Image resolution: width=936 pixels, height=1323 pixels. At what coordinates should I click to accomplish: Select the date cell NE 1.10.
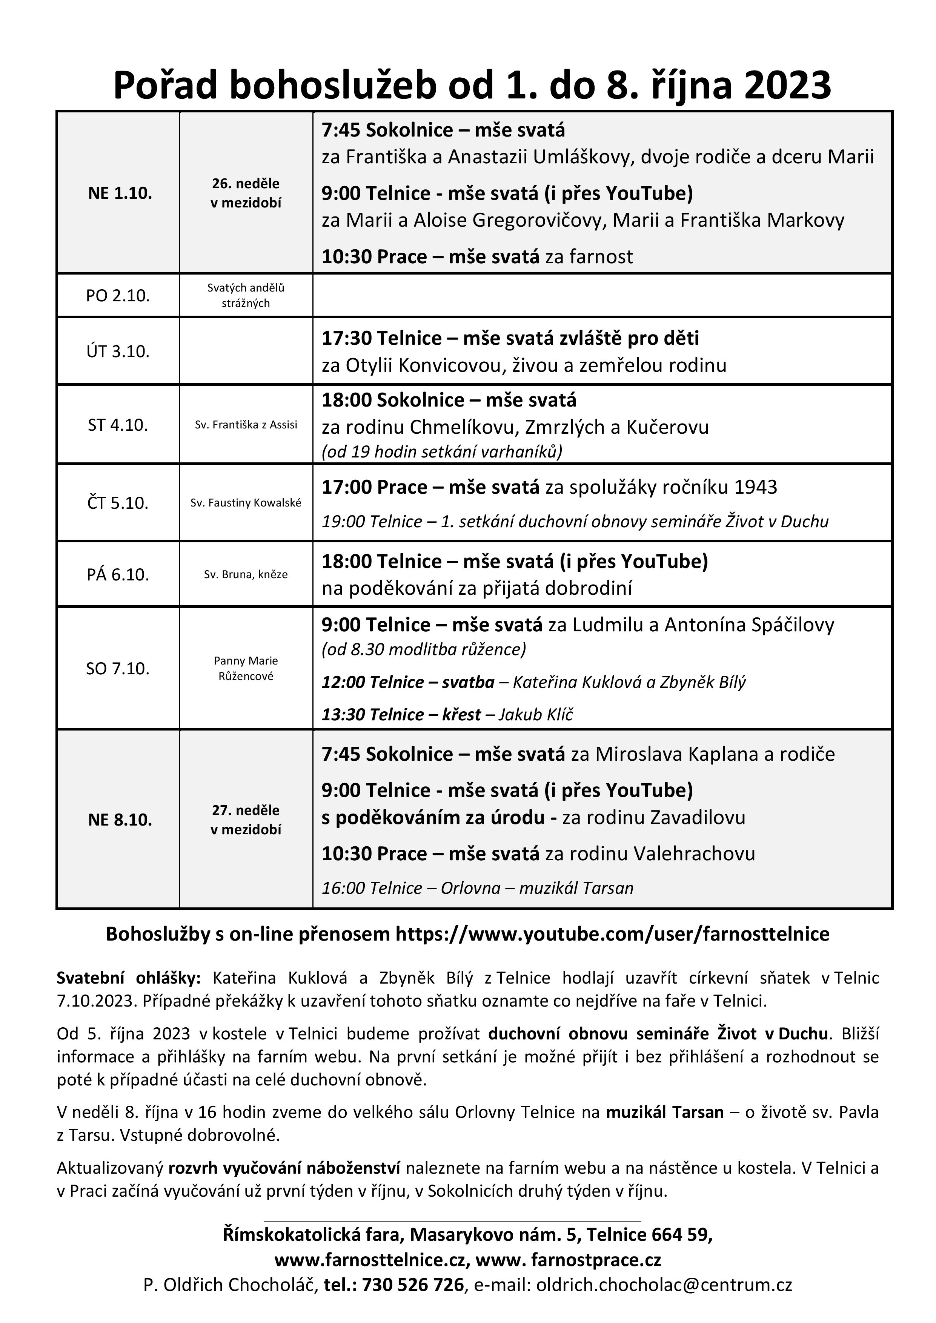(x=120, y=193)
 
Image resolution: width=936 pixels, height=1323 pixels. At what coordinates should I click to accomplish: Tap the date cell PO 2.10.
(x=118, y=296)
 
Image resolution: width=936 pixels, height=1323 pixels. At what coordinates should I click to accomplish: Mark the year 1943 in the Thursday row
(x=755, y=488)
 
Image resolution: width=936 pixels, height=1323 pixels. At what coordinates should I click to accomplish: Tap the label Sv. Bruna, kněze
(x=246, y=574)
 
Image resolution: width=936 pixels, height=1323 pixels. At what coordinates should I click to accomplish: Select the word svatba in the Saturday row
(x=468, y=683)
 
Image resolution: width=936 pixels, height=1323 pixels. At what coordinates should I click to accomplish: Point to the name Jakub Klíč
(x=536, y=715)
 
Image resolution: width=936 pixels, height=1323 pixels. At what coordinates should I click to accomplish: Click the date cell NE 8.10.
(x=120, y=820)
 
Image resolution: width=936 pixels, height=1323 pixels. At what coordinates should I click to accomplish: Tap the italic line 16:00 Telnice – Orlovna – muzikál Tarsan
(x=477, y=888)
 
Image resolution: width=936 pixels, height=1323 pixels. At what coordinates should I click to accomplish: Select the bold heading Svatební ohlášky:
(x=129, y=978)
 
